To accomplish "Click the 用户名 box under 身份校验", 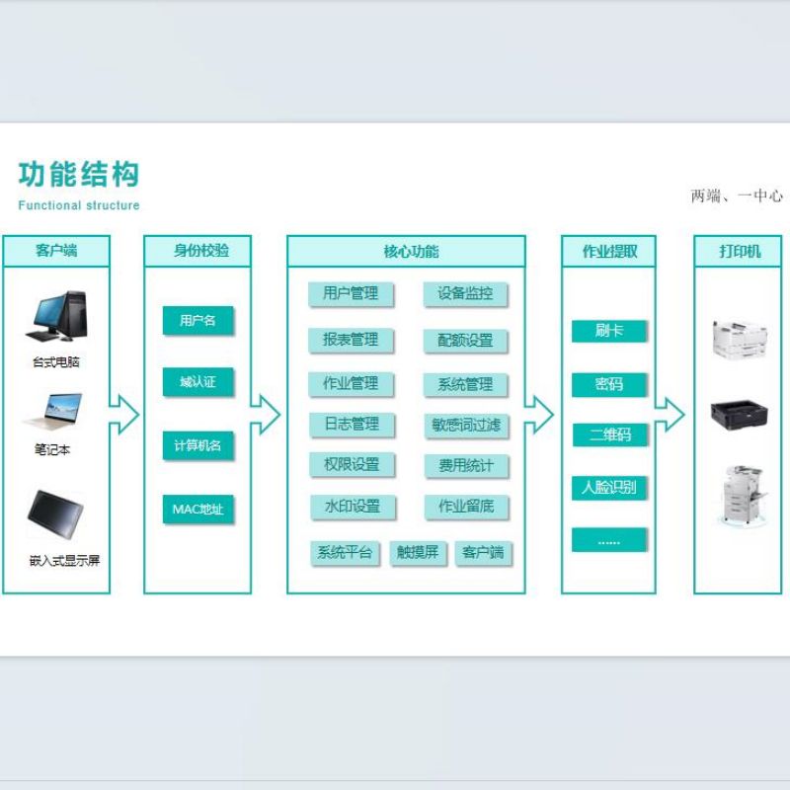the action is [198, 320].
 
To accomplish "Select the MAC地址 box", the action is [198, 510].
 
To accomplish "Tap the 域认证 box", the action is [198, 382].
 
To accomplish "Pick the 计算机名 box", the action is [198, 445].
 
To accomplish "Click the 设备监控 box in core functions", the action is [465, 293].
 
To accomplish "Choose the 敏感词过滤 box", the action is [466, 426].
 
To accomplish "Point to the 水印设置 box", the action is [353, 507].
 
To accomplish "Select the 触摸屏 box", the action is [418, 553].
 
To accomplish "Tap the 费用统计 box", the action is [466, 466].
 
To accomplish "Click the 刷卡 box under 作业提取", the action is [608, 331].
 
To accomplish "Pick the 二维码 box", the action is [609, 434].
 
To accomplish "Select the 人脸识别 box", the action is [608, 488].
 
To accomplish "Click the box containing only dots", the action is [608, 540].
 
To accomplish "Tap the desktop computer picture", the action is [56, 316].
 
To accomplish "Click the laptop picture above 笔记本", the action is [52, 412].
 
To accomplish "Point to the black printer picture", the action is [739, 415].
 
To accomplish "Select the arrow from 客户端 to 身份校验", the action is [124, 415].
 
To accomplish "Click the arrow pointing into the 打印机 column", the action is [670, 415].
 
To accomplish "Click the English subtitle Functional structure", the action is [79, 205].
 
